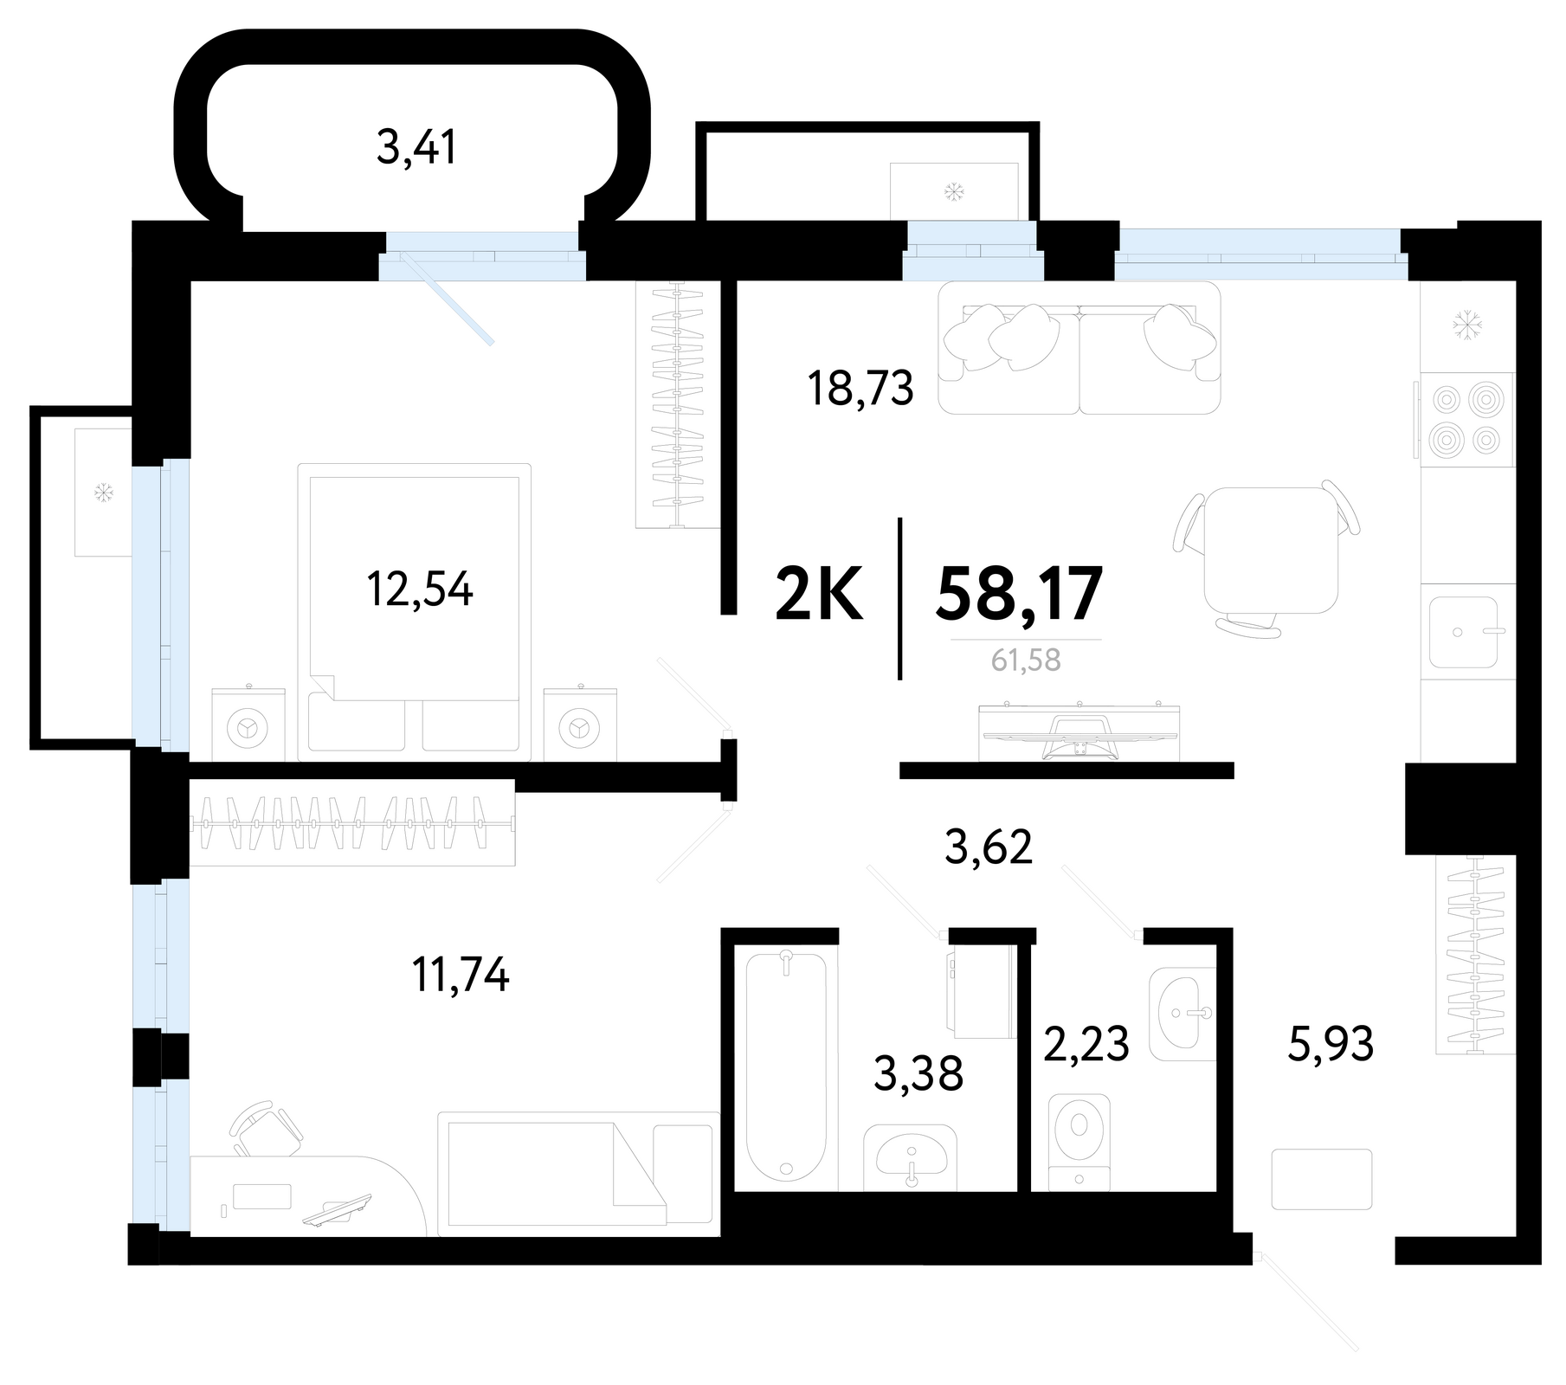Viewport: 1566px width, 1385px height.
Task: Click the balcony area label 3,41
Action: pos(416,149)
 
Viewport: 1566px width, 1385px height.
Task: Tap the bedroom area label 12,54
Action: pos(420,591)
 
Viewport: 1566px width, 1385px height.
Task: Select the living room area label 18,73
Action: pos(860,390)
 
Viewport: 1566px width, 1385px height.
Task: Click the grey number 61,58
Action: pos(1026,660)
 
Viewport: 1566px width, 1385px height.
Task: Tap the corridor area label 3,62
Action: pos(989,848)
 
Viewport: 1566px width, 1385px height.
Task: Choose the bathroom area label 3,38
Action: pos(918,1074)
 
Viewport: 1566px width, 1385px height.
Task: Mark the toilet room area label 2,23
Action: pos(1086,1044)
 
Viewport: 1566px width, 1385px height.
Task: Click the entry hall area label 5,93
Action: pos(1331,1044)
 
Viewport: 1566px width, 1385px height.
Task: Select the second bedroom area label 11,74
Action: pos(461,976)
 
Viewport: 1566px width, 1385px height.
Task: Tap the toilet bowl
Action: pos(1079,1142)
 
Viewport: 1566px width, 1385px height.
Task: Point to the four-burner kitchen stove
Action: pos(1466,420)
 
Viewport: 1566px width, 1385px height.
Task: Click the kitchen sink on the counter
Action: pos(1463,632)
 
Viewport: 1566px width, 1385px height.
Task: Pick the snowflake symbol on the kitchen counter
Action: pos(1467,325)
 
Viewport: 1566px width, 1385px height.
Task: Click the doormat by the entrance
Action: pos(1322,1179)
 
